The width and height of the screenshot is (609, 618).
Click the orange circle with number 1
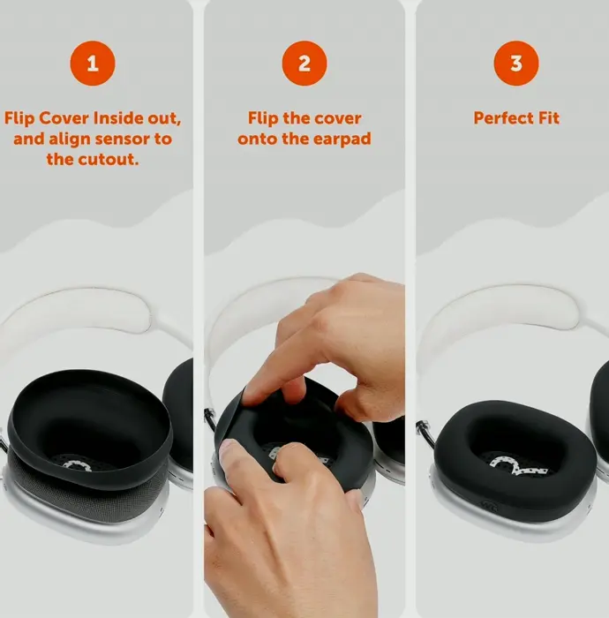[x=93, y=64]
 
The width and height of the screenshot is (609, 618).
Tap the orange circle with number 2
[x=304, y=64]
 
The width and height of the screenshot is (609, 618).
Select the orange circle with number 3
[x=516, y=64]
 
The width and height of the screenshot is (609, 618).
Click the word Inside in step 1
[x=117, y=117]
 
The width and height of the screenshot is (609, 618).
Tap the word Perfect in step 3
[x=502, y=117]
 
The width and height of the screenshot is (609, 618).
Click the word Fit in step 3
[x=547, y=117]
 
